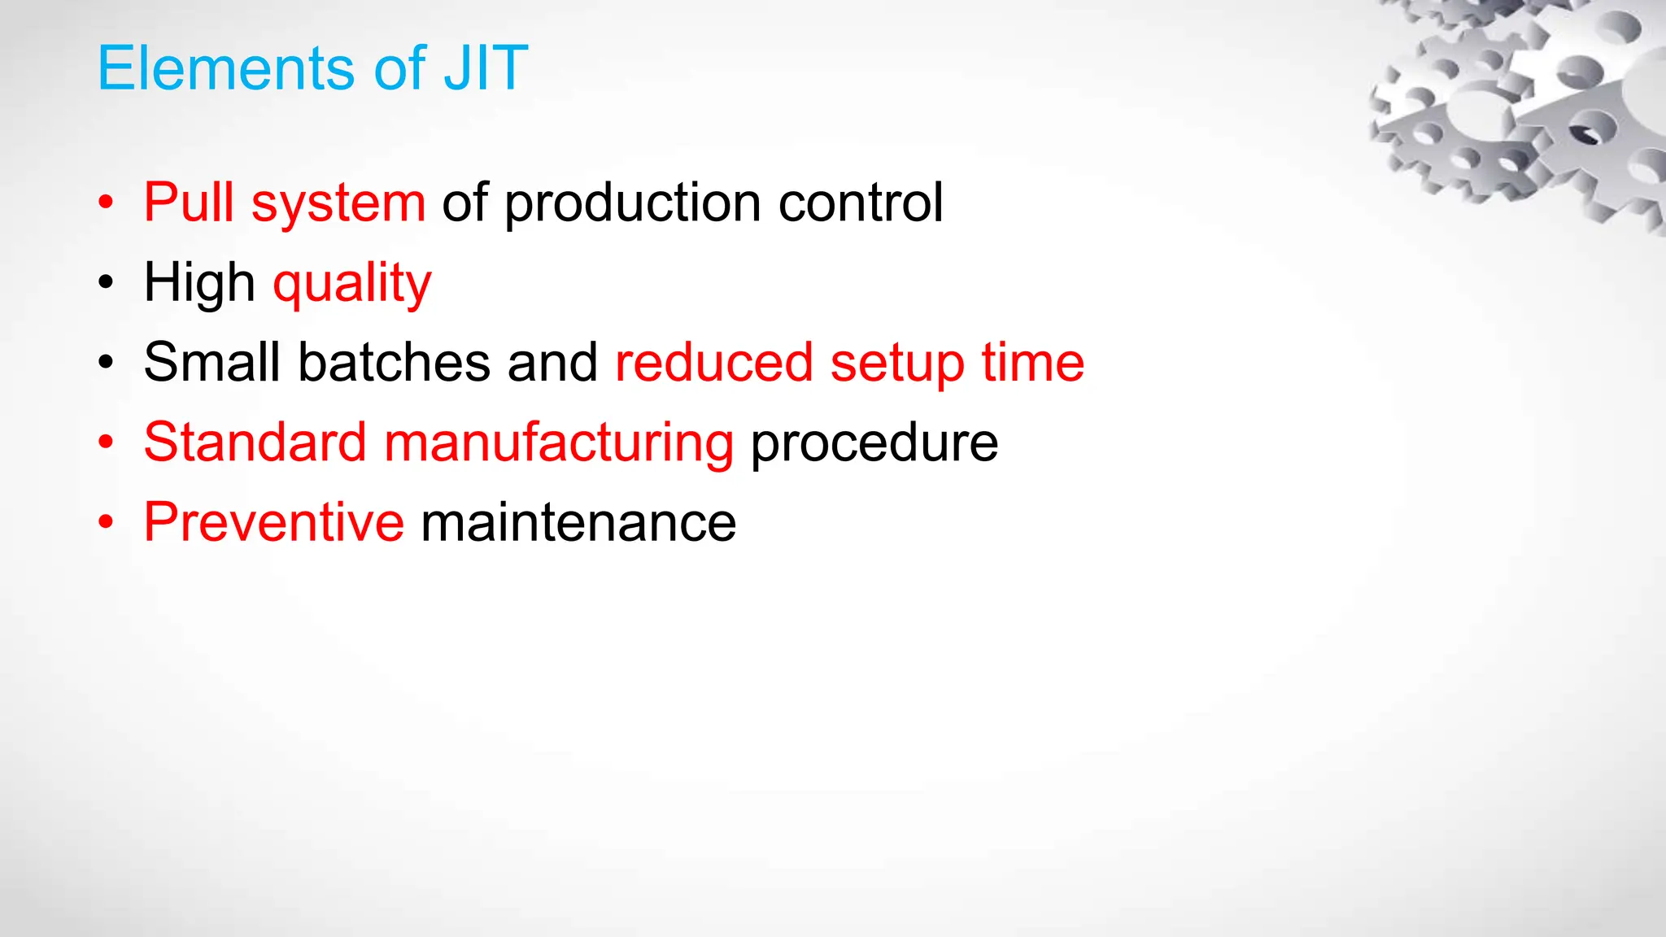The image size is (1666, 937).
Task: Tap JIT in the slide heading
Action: [486, 68]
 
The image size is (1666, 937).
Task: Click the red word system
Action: [338, 204]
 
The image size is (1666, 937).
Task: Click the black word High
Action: [199, 284]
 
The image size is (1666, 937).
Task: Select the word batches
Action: [394, 362]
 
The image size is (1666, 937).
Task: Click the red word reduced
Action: [713, 362]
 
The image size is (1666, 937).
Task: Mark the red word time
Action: [1032, 362]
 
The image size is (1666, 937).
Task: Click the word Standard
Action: [255, 442]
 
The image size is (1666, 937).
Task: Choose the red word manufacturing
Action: [559, 444]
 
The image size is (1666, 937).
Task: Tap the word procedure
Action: [874, 444]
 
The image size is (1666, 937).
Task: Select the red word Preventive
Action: [273, 522]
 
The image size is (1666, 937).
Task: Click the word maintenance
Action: [578, 523]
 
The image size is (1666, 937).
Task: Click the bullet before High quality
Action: [106, 284]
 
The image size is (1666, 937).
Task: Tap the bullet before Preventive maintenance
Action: [106, 523]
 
